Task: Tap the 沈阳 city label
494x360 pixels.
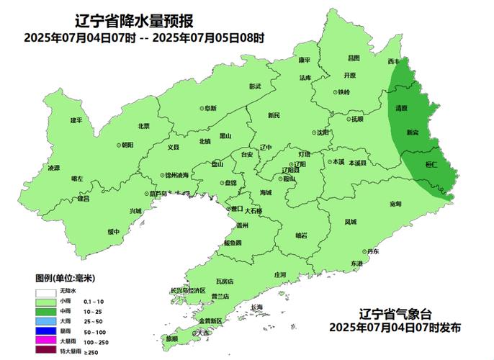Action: tap(321, 132)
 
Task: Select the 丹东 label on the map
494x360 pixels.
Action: tap(371, 251)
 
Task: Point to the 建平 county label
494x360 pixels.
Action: tap(76, 120)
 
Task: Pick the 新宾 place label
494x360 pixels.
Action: tap(413, 132)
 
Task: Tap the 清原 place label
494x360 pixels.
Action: tap(401, 108)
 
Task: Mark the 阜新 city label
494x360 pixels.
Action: tap(209, 108)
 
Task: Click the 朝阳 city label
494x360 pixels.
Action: tap(126, 145)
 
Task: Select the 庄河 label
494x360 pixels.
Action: tap(280, 275)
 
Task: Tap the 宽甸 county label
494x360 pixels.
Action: tap(395, 204)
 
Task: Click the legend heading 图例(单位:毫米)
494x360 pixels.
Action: tap(66, 278)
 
